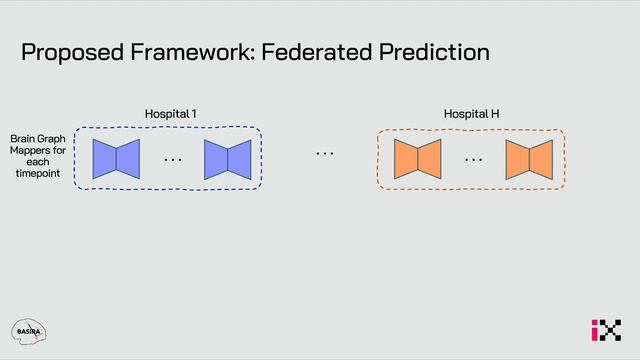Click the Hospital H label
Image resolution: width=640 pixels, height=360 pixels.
coord(471,114)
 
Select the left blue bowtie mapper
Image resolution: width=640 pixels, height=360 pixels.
coord(116,159)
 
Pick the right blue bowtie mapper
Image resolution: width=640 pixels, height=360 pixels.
coord(227,159)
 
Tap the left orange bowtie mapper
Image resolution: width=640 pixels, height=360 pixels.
coord(417,159)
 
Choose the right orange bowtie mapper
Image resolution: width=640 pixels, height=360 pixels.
coord(528,159)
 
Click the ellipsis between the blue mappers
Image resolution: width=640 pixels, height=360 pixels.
coord(172,159)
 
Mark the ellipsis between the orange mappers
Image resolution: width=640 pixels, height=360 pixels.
coord(473,159)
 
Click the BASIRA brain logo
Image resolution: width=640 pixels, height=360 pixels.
coord(29,331)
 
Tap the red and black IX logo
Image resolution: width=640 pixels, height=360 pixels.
coord(605,330)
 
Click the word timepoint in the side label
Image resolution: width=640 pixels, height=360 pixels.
coord(37,174)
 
